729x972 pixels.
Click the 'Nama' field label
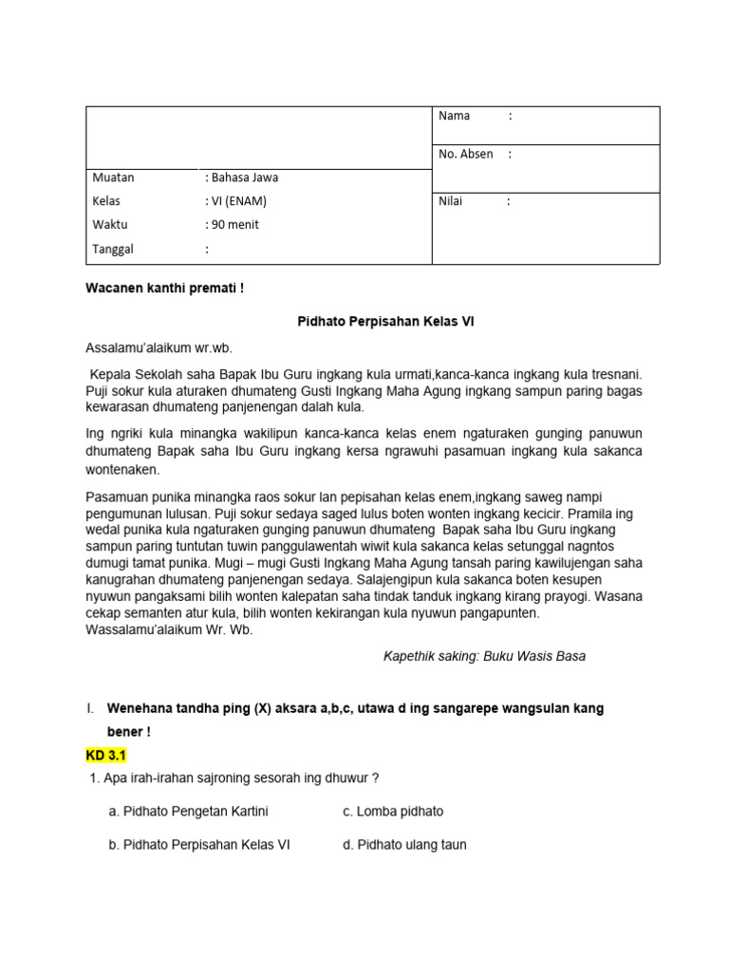[x=454, y=116]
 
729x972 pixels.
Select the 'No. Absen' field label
[x=465, y=154]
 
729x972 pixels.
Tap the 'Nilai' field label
[x=450, y=201]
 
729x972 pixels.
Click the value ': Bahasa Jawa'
[x=241, y=178]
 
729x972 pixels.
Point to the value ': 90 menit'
[x=232, y=225]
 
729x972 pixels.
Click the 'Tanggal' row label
[x=113, y=250]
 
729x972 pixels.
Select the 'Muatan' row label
[x=113, y=178]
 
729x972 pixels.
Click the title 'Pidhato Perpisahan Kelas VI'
[x=380, y=322]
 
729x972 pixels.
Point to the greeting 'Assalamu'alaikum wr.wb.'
[x=159, y=347]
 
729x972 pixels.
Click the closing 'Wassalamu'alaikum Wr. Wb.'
[x=169, y=630]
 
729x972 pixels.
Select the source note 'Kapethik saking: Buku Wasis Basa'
[x=484, y=657]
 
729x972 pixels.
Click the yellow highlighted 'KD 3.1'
[x=105, y=756]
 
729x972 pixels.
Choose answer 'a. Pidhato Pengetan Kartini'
[x=189, y=812]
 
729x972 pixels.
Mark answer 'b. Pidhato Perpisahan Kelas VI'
[x=199, y=845]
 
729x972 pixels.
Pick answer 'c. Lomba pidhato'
[x=393, y=812]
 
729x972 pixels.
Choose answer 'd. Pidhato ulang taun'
[x=404, y=845]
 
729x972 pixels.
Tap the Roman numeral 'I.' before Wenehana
[x=90, y=709]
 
